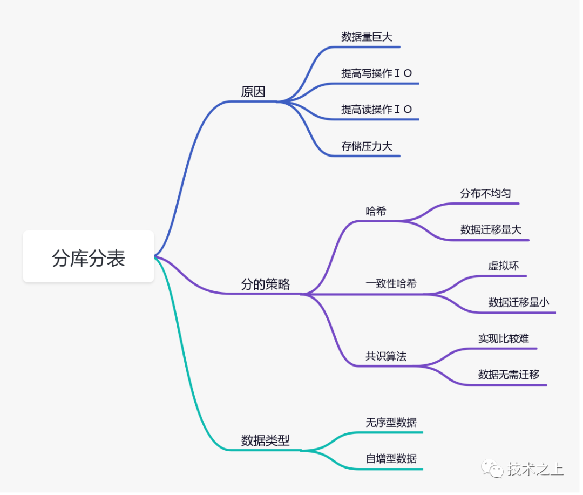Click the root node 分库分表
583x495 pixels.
pos(89,257)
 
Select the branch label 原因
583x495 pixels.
pos(254,91)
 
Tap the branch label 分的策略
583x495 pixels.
pos(266,285)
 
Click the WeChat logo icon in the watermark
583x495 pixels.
pos(493,470)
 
